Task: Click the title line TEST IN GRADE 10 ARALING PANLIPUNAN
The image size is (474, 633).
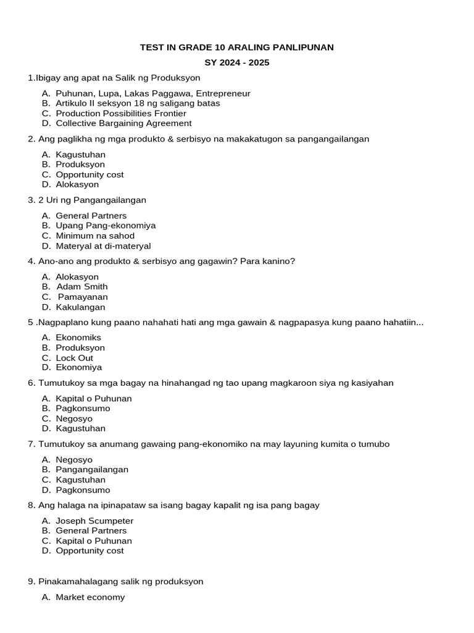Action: click(237, 48)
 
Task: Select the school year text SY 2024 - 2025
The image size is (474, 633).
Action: click(237, 62)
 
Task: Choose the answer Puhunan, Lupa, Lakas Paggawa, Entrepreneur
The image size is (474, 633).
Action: click(152, 93)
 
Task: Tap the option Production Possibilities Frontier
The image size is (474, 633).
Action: click(120, 113)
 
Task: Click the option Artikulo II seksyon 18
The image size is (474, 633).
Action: click(138, 103)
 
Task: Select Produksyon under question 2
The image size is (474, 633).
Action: click(80, 164)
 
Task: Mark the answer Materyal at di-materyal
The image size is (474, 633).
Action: click(103, 246)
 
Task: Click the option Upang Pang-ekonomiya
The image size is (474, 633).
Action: click(106, 226)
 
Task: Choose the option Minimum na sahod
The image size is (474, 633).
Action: click(95, 236)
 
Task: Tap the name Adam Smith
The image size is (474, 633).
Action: click(82, 286)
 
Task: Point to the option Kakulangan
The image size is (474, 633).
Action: click(80, 307)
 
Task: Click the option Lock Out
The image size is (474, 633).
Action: click(74, 358)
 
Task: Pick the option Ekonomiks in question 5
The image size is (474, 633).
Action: click(78, 338)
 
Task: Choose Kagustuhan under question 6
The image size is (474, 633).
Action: click(80, 428)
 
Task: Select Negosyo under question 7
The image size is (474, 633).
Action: click(74, 459)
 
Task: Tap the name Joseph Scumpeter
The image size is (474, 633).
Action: click(94, 520)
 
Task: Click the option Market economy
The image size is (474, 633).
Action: click(90, 597)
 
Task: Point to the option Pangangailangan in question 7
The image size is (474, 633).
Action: click(92, 469)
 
